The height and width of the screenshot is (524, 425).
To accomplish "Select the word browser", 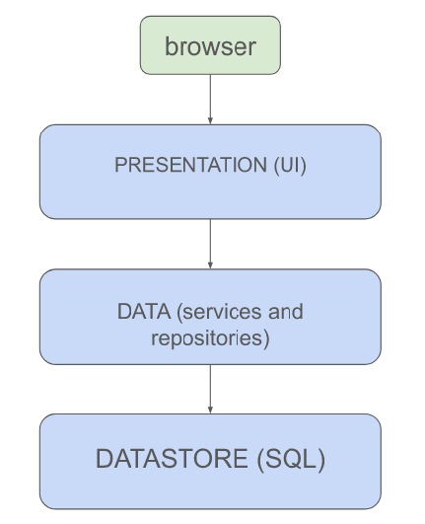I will (210, 46).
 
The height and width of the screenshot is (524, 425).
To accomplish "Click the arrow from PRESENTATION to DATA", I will (210, 242).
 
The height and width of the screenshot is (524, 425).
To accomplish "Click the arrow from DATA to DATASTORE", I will (210, 387).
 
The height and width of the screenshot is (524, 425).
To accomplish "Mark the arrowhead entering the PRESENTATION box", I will (210, 120).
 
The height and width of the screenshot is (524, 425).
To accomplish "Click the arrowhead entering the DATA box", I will (210, 264).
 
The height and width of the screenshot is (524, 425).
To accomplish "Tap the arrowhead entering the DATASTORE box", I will (210, 410).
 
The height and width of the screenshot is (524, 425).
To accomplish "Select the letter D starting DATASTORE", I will (104, 459).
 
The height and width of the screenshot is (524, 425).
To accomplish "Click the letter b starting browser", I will (171, 46).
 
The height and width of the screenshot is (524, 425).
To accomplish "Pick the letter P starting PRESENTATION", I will (120, 165).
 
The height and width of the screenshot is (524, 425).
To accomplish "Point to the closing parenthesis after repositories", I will (268, 337).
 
